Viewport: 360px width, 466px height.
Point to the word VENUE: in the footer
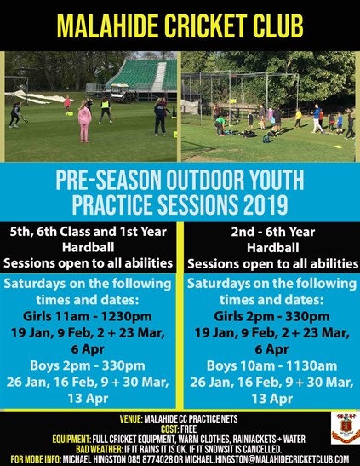click(131, 419)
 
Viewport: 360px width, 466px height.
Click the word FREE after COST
click(188, 429)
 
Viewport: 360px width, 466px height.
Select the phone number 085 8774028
click(152, 459)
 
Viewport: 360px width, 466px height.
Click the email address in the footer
click(267, 459)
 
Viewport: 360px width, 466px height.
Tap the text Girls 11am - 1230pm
click(88, 316)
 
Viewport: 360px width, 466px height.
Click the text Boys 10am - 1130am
click(271, 365)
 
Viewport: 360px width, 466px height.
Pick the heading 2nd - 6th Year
click(272, 232)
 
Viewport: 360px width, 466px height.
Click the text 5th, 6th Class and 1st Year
click(88, 232)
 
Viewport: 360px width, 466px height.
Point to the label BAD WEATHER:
click(99, 449)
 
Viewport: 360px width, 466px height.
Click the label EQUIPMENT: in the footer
click(71, 439)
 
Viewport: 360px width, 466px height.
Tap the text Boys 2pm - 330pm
click(88, 365)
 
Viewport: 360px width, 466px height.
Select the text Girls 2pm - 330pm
click(271, 316)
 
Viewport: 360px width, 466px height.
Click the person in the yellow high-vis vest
click(106, 110)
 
